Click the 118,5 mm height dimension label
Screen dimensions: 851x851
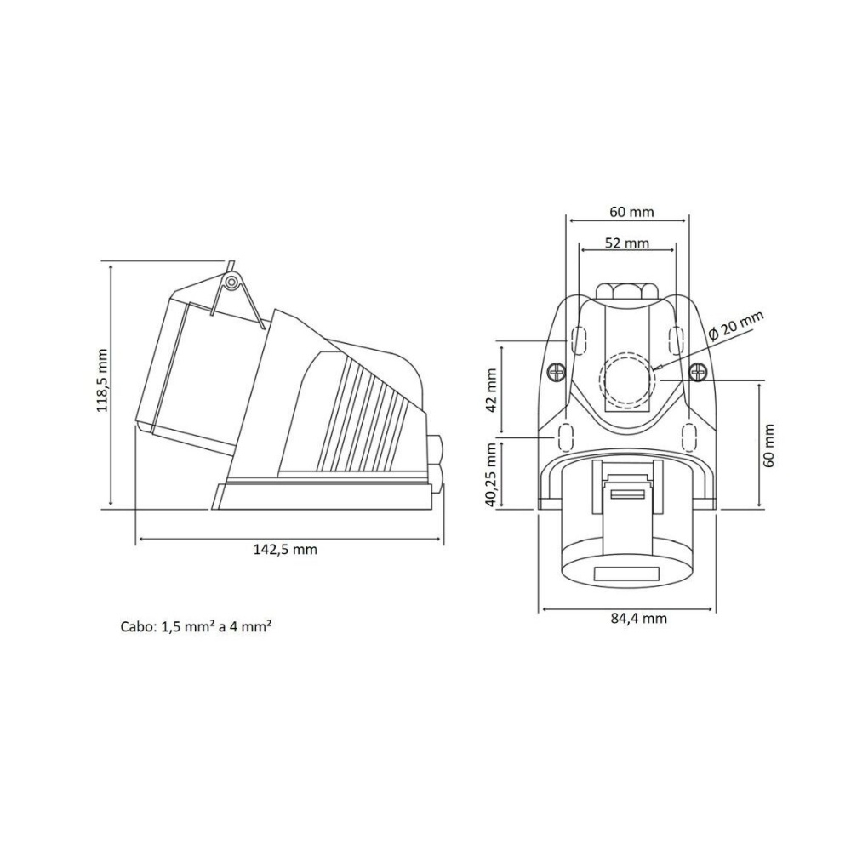[102, 380]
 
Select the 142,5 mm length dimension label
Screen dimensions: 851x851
[285, 550]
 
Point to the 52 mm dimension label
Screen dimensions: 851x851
[626, 243]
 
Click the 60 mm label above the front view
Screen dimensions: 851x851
[631, 211]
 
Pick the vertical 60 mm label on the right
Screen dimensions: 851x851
[768, 444]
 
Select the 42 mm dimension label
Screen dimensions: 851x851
[491, 389]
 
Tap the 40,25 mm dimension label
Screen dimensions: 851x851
[491, 475]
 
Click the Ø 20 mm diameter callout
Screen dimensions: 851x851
[737, 328]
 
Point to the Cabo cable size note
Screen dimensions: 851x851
[197, 627]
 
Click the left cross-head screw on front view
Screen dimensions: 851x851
[557, 372]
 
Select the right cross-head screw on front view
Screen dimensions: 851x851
[697, 372]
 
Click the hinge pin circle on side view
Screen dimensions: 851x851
[231, 282]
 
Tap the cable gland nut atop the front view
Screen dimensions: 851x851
[626, 290]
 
